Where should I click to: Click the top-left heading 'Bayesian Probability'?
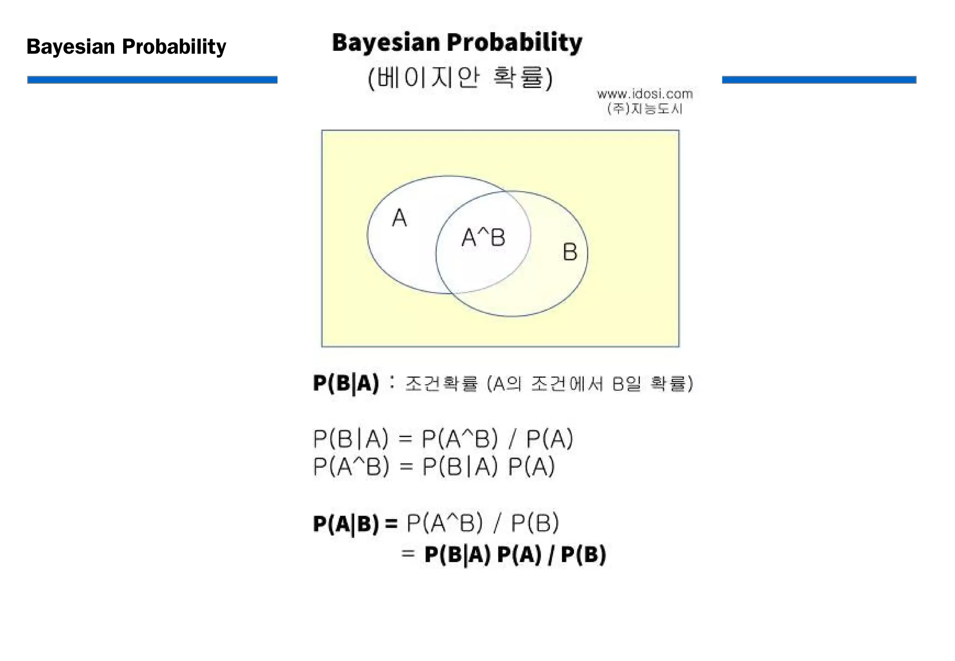126,47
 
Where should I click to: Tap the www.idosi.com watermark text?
644,94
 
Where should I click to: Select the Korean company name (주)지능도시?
644,109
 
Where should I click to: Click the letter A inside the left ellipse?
399,218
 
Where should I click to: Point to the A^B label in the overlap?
483,238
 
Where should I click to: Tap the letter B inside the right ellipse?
570,252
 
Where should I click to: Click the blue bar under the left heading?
152,80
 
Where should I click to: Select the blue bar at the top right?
819,80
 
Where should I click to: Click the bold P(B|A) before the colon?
346,384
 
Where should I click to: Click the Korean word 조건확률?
442,384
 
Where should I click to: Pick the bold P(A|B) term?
346,523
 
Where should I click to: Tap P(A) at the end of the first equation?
549,439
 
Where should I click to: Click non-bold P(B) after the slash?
535,523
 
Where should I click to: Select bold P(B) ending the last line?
583,555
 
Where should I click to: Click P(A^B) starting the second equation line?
351,466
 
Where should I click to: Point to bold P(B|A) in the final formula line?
457,555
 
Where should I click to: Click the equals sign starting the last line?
408,554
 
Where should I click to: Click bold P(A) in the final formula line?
519,555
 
